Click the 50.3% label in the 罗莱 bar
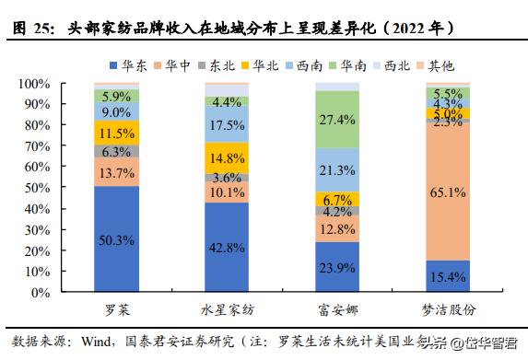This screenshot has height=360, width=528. (x=117, y=240)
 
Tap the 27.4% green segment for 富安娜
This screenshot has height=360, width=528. (x=337, y=120)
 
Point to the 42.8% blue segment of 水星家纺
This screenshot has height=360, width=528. (x=228, y=249)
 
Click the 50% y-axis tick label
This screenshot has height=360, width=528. (x=35, y=188)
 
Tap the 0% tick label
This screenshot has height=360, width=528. (x=39, y=292)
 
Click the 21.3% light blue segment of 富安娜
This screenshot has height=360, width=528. (x=337, y=170)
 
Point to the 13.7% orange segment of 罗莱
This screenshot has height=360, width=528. (x=117, y=172)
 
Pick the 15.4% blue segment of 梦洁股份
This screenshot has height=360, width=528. (x=448, y=275)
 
